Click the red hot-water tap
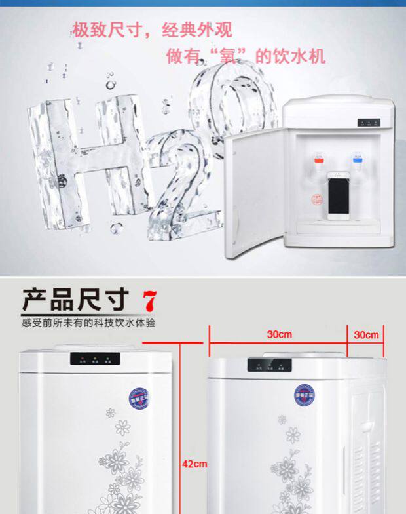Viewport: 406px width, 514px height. [320, 158]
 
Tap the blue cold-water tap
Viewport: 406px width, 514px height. [358, 158]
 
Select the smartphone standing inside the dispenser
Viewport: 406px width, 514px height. [338, 195]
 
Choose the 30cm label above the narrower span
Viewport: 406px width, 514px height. [367, 335]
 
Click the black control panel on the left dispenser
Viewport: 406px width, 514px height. [96, 360]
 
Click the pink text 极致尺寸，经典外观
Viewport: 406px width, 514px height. [151, 30]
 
